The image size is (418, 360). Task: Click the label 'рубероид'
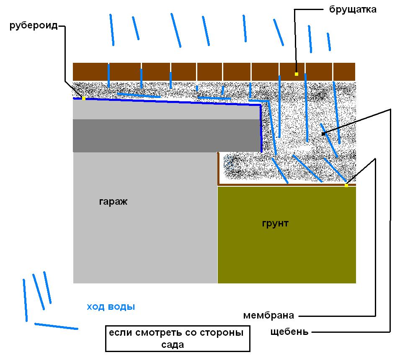click(34, 26)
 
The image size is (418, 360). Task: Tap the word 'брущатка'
click(353, 9)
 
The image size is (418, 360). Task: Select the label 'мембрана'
click(268, 316)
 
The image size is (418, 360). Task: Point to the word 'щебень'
click(289, 332)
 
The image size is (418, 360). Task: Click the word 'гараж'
click(113, 201)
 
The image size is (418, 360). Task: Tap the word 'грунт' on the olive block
click(275, 223)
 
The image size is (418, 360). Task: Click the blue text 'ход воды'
click(111, 307)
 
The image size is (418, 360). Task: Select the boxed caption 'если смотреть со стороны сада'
click(178, 338)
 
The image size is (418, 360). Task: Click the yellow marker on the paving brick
click(297, 74)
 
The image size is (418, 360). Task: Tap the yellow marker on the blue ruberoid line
click(83, 99)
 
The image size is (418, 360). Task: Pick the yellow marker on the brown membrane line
click(346, 185)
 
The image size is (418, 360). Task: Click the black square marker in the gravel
click(323, 134)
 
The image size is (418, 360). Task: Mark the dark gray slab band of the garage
click(167, 136)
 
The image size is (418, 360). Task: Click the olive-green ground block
click(287, 235)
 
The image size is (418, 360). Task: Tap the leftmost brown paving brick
click(90, 72)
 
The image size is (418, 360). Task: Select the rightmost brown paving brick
click(344, 72)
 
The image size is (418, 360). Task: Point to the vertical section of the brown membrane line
click(218, 168)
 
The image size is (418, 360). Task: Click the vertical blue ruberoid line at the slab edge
click(261, 129)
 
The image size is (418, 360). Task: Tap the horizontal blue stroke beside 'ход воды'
click(56, 327)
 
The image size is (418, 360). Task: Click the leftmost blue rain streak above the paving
click(112, 30)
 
